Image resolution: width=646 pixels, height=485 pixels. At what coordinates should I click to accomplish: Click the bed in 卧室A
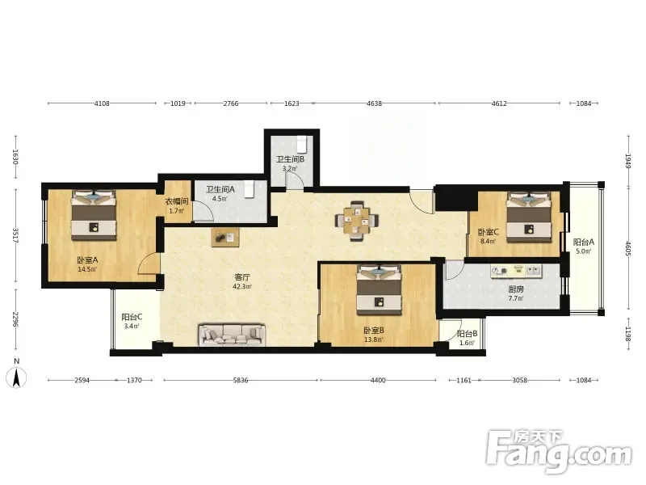(94, 215)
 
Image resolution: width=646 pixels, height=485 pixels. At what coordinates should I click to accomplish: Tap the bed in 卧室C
(529, 217)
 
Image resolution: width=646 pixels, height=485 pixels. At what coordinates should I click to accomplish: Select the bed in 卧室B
(379, 290)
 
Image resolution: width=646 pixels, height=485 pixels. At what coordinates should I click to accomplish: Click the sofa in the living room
(231, 335)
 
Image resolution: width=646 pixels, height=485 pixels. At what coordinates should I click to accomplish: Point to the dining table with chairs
(357, 220)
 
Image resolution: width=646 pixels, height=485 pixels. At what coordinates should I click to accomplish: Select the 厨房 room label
(516, 289)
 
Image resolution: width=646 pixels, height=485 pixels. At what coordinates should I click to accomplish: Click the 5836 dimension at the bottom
(241, 380)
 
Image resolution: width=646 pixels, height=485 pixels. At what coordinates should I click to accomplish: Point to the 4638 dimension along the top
(374, 103)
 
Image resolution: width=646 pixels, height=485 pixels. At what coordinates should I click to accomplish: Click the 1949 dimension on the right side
(628, 161)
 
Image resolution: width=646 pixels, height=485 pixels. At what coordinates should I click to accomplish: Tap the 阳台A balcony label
(584, 242)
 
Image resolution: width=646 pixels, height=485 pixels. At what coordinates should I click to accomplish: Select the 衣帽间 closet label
(177, 201)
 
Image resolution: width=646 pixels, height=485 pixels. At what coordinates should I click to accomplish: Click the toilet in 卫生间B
(302, 144)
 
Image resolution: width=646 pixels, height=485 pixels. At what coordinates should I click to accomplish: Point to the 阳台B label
(467, 334)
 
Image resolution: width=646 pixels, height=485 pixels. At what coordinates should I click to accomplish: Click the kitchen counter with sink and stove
(516, 271)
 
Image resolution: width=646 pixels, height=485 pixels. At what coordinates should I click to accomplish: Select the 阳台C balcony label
(132, 317)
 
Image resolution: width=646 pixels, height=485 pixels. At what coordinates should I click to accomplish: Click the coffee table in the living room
(225, 238)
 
